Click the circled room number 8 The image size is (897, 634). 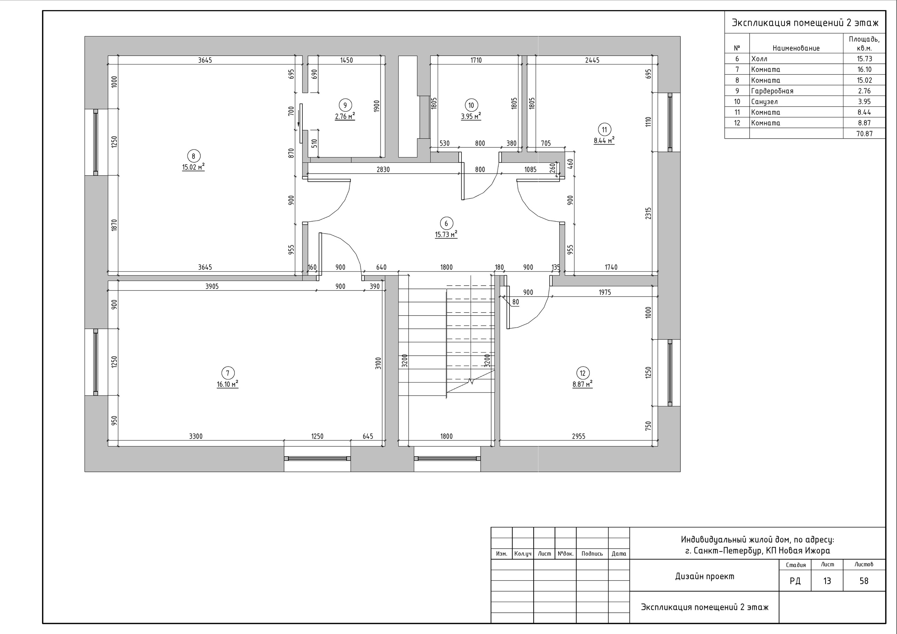pos(193,156)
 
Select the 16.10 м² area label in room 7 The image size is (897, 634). pos(228,384)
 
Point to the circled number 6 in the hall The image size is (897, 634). pos(446,223)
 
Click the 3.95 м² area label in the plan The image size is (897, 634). pos(471,116)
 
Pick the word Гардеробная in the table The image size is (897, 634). pos(772,91)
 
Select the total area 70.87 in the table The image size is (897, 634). pos(864,133)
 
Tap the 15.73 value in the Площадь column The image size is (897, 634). pos(864,58)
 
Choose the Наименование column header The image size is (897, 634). pos(796,48)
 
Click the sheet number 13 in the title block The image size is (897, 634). pos(827,581)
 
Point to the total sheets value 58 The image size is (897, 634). pos(864,581)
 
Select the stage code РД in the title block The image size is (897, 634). pos(795,581)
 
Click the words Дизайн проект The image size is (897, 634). pos(705,576)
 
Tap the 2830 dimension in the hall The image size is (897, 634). pos(383,169)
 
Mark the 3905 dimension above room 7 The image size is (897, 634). pos(212,286)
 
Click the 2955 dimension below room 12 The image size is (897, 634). pos(578,436)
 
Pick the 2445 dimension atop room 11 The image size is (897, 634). pos(592,60)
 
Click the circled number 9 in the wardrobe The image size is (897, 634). pos(345,105)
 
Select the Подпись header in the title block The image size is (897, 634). pos(592,553)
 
